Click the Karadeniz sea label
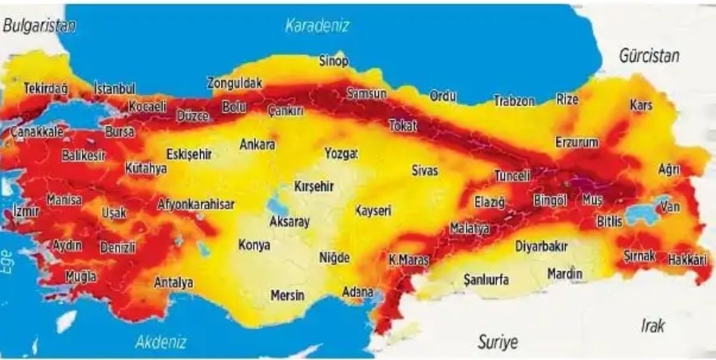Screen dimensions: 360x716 (x=317, y=27)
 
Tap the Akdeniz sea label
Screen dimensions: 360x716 (x=161, y=342)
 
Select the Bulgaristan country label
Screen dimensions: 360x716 (x=38, y=26)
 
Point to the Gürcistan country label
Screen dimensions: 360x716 (x=649, y=56)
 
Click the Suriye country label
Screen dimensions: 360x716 (x=498, y=342)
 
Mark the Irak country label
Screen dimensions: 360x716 (x=653, y=325)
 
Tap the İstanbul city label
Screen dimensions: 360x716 (x=115, y=89)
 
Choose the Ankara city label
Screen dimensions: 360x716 (x=257, y=145)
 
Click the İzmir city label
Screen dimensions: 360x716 (x=27, y=211)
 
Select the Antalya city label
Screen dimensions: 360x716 (x=173, y=282)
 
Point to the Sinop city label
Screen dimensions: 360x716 (x=334, y=62)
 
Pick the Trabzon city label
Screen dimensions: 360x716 (x=514, y=101)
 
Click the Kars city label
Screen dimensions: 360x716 (x=640, y=105)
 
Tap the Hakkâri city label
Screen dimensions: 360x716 (x=688, y=259)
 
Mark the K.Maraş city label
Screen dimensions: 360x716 (x=408, y=260)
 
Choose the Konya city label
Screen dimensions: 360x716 (x=255, y=245)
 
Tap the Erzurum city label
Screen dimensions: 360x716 (x=577, y=143)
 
